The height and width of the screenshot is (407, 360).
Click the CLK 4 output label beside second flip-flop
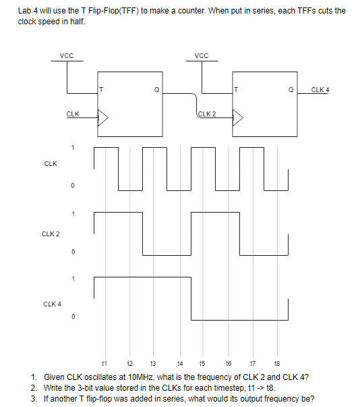[320, 89]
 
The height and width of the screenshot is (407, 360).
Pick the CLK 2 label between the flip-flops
[206, 113]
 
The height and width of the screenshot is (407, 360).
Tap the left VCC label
[67, 55]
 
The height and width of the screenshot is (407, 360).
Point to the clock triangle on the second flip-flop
[237, 119]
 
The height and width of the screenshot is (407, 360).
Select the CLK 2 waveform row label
[51, 234]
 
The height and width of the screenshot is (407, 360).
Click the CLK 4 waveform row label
[51, 303]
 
